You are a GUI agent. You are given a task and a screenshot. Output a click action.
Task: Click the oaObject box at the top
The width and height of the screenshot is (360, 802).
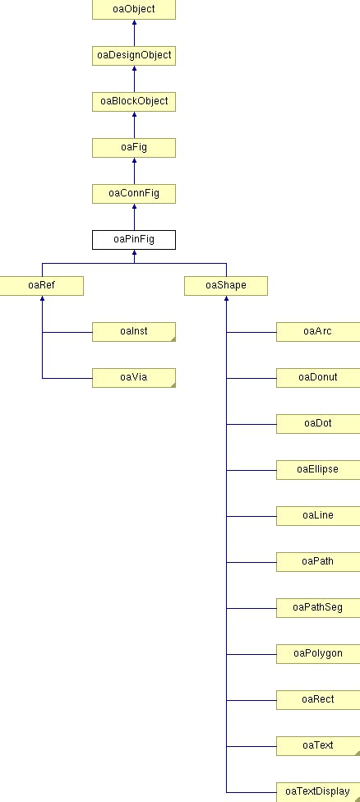click(133, 10)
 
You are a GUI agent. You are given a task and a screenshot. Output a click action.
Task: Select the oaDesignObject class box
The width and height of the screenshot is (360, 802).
click(133, 55)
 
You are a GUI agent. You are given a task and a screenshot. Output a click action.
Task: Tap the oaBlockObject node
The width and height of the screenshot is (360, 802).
click(133, 101)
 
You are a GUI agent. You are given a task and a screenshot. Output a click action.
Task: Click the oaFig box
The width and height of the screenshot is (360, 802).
click(133, 147)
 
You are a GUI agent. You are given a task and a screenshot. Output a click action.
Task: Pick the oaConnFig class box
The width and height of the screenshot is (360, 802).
click(133, 193)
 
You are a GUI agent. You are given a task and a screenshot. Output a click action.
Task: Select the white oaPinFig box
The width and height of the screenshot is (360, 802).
click(133, 239)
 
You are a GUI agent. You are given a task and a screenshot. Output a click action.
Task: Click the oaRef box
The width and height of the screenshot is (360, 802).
click(41, 285)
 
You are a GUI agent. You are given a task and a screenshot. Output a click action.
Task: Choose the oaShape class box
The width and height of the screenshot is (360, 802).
click(226, 285)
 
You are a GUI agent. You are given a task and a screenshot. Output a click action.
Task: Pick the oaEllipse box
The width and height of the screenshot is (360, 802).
click(317, 469)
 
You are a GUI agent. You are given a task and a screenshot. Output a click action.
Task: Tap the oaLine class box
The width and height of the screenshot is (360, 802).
click(317, 515)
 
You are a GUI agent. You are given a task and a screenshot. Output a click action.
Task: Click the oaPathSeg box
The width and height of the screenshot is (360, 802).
click(317, 607)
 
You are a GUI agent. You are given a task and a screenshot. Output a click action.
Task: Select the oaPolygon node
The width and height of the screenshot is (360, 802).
click(317, 653)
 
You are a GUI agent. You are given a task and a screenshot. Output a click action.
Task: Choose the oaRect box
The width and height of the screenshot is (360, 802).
click(317, 699)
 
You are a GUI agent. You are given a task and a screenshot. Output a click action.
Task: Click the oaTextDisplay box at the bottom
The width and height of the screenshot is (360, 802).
click(317, 791)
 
